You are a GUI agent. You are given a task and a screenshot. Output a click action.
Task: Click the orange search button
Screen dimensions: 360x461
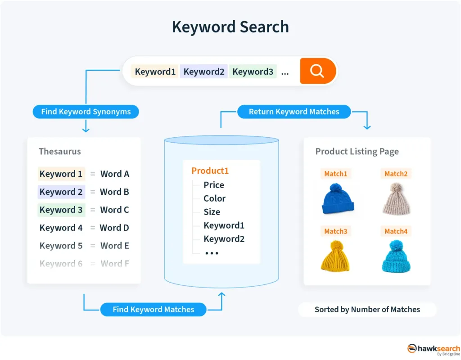[318, 71]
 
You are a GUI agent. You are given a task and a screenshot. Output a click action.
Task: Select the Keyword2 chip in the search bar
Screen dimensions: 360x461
[204, 72]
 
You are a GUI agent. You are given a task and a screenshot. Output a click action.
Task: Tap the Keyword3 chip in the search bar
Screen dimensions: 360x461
[253, 72]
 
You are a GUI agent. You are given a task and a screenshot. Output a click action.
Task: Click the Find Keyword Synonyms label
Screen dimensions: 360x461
[86, 112]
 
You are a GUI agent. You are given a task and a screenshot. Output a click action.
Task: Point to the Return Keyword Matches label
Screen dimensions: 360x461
[294, 112]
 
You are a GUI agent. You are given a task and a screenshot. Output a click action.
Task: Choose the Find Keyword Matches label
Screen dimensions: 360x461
[153, 310]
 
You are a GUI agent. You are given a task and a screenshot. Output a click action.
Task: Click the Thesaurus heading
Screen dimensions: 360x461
[60, 151]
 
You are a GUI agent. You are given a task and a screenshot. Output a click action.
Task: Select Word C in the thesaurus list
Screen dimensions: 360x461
[114, 210]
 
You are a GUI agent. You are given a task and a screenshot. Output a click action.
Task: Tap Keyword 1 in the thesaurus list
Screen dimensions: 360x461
[61, 174]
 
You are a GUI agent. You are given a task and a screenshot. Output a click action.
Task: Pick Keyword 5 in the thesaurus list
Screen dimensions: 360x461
[61, 246]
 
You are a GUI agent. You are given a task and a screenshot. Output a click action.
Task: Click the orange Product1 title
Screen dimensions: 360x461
[210, 171]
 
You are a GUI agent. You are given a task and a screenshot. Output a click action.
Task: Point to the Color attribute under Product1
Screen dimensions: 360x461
[214, 198]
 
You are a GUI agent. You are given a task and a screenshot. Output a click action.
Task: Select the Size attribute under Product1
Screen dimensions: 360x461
[212, 212]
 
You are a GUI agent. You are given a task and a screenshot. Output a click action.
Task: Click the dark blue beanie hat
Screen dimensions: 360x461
[337, 201]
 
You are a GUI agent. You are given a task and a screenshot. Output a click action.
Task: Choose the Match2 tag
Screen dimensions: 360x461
[396, 174]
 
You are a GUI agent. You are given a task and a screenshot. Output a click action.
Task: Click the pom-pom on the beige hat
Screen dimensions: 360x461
[397, 187]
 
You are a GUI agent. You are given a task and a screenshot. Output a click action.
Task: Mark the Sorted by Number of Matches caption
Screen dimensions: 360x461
[367, 310]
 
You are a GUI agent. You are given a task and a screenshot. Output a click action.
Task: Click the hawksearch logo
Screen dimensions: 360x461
[434, 349]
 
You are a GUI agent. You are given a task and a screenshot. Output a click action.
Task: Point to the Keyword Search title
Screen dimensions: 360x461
[230, 27]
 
